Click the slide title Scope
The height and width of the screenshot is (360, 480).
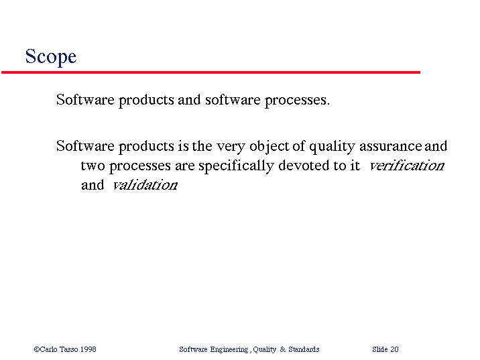(x=51, y=57)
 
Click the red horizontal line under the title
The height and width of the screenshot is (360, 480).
(x=211, y=72)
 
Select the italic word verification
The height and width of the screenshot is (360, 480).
(x=407, y=166)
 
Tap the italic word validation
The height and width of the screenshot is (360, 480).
(x=145, y=185)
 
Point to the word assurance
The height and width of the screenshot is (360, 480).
(x=391, y=147)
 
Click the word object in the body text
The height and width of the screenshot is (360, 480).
(x=269, y=147)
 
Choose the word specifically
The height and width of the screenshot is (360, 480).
(x=236, y=166)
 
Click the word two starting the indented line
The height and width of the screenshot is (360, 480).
(x=92, y=166)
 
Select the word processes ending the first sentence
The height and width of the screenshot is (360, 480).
(x=297, y=101)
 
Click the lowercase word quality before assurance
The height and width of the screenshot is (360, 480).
(x=332, y=147)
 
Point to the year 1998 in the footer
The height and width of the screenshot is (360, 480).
(x=88, y=349)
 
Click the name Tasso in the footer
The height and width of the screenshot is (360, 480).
(x=68, y=349)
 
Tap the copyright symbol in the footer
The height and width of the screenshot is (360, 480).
(x=37, y=349)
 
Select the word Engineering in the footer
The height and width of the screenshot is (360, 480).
(x=229, y=349)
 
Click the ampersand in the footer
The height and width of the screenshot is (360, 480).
(x=282, y=349)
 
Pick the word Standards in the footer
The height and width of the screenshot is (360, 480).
(x=304, y=349)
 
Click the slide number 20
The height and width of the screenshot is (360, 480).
(x=394, y=349)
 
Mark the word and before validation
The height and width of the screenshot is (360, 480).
(x=93, y=185)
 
